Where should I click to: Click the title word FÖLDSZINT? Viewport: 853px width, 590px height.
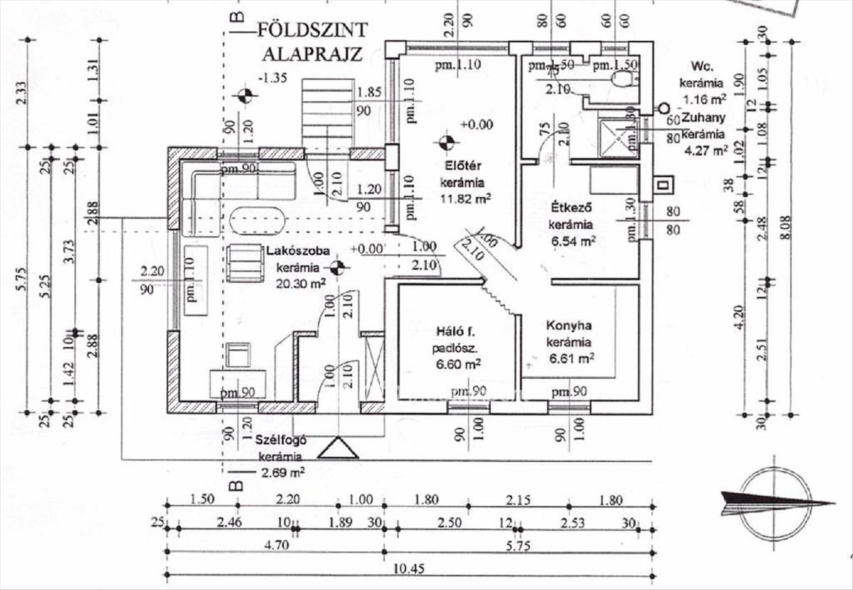[312, 30]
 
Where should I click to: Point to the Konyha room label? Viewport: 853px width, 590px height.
[569, 326]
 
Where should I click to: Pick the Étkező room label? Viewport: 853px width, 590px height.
[572, 209]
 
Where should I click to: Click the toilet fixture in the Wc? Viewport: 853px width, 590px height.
[623, 77]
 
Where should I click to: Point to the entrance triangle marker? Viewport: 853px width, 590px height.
[338, 448]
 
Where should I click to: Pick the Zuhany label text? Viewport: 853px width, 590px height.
[703, 120]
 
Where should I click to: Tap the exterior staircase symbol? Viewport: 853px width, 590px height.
[328, 111]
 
